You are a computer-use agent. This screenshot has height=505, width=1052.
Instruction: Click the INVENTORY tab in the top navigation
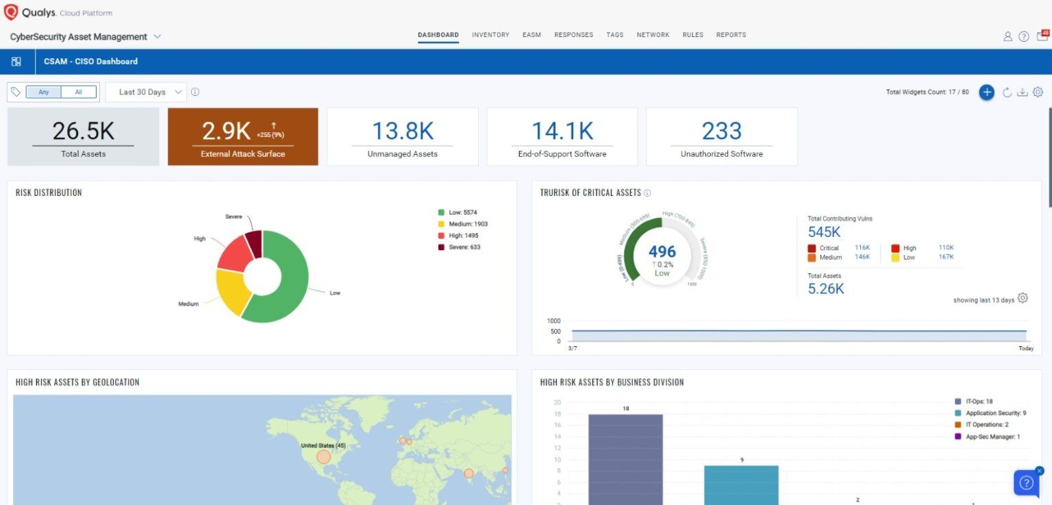490,35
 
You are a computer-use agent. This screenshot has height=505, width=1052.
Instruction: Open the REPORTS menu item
731,35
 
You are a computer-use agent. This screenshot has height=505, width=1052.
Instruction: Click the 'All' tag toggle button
79,92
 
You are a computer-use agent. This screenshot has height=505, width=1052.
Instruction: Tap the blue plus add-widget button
986,93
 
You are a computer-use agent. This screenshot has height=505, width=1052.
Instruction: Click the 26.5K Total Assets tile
83,136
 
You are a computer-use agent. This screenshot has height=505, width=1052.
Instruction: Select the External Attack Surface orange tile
242,136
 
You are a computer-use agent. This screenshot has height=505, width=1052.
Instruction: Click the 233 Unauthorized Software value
721,131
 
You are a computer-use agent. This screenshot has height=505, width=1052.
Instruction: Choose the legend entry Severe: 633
464,247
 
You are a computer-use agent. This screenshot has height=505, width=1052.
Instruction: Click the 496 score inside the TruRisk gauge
662,251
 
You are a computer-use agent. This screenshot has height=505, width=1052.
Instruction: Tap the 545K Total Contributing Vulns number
824,232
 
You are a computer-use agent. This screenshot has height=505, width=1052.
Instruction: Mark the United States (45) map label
323,445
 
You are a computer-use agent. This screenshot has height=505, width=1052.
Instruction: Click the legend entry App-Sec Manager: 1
992,436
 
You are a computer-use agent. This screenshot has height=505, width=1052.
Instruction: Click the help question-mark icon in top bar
1023,36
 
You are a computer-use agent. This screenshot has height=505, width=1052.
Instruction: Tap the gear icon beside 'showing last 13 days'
1023,298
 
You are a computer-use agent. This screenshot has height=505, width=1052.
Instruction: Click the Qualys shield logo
11,12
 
